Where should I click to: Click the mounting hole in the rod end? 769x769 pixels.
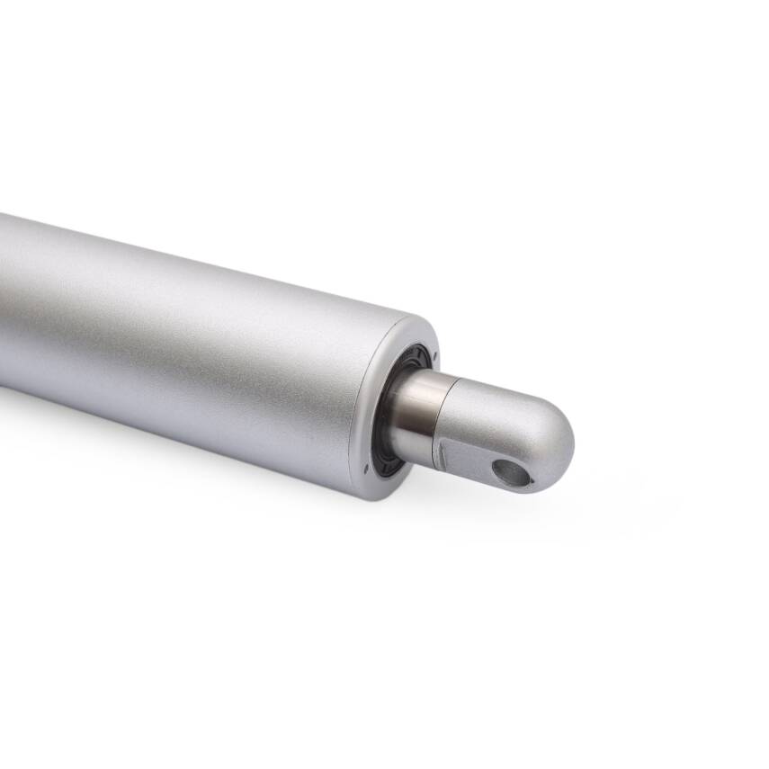pyautogui.click(x=512, y=471)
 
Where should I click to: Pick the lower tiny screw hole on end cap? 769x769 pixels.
pyautogui.click(x=366, y=468)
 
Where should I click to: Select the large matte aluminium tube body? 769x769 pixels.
pyautogui.click(x=180, y=342)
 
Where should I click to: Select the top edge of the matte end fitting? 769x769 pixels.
pyautogui.click(x=486, y=381)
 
